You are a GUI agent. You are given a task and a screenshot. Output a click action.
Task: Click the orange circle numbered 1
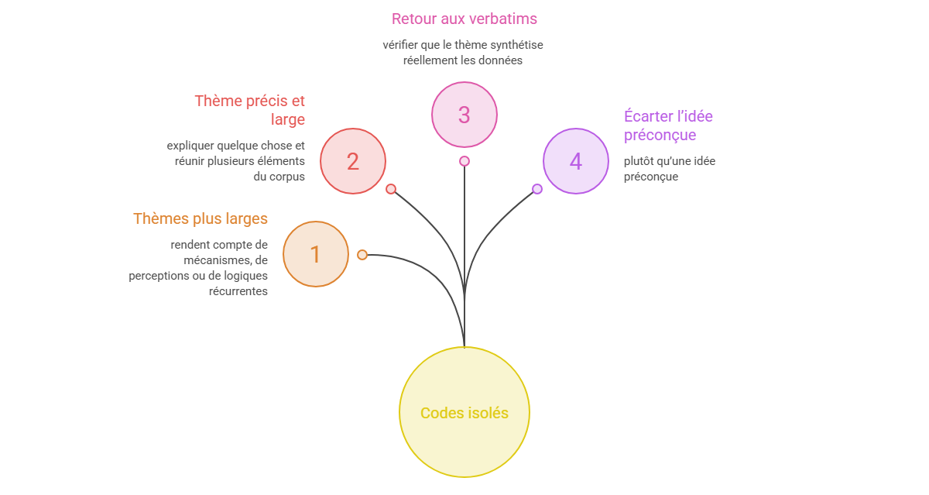[316, 254]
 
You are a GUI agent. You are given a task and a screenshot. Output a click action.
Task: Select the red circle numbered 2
[353, 161]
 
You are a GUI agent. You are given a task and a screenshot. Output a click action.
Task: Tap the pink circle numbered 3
[464, 115]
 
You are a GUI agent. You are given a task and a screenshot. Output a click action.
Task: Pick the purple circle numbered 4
[576, 161]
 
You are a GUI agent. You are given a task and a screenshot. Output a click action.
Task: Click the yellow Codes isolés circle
[464, 412]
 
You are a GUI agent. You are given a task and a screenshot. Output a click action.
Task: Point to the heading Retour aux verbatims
[464, 19]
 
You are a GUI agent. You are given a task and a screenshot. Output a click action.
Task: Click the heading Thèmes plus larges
[201, 218]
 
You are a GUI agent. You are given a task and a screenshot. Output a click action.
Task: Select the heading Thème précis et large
[249, 110]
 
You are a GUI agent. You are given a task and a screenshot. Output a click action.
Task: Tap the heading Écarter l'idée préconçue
[668, 125]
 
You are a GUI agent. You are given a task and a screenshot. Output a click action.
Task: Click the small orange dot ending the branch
[362, 255]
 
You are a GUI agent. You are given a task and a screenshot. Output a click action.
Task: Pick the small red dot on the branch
[391, 189]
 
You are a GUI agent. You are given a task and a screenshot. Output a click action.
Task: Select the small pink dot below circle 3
[464, 161]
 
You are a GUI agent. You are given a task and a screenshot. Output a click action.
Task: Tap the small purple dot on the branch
[537, 189]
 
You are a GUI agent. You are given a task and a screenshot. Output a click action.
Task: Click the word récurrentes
[238, 291]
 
